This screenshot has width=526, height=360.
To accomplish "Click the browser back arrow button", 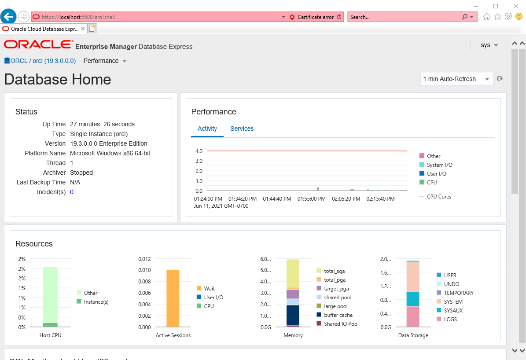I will pyautogui.click(x=8, y=17).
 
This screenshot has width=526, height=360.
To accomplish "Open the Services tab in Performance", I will pyautogui.click(x=242, y=129).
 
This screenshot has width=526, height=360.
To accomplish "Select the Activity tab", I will pyautogui.click(x=207, y=129).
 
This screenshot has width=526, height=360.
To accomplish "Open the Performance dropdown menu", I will pyautogui.click(x=105, y=61).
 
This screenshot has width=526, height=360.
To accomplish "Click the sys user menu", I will pyautogui.click(x=489, y=45).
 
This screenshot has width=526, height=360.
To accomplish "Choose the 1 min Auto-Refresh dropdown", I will pyautogui.click(x=456, y=79).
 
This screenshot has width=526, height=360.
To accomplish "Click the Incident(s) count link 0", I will pyautogui.click(x=72, y=192).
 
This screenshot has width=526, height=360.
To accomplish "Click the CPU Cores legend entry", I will pyautogui.click(x=439, y=197).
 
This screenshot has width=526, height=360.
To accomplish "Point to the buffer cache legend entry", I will pyautogui.click(x=338, y=315).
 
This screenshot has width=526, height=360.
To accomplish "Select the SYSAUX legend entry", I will pyautogui.click(x=453, y=311).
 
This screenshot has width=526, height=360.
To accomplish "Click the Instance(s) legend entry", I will pyautogui.click(x=96, y=302).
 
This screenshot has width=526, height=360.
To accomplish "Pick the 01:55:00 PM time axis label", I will pyautogui.click(x=312, y=199).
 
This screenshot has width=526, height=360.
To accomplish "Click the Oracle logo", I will pyautogui.click(x=38, y=45).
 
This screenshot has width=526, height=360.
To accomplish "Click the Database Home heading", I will pyautogui.click(x=58, y=79).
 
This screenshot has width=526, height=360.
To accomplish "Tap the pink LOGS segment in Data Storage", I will pyautogui.click(x=413, y=317).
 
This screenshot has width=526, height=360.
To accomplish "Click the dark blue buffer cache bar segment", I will pyautogui.click(x=293, y=314).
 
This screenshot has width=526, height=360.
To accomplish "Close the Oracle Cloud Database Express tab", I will pyautogui.click(x=83, y=29).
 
